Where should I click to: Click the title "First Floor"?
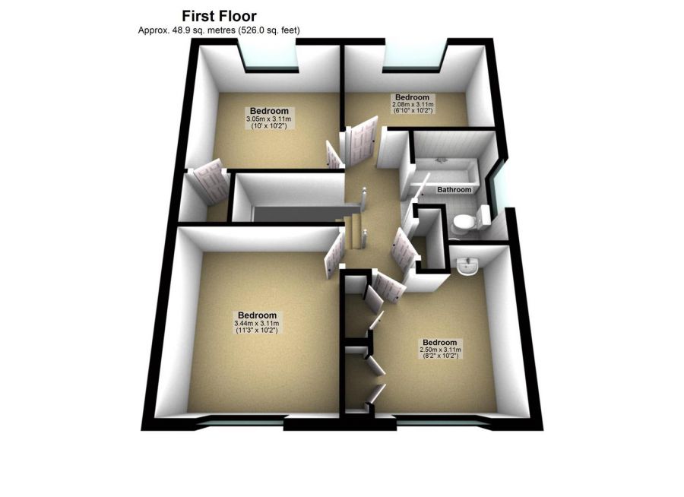pyautogui.click(x=219, y=15)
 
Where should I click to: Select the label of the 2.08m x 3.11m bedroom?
pyautogui.click(x=412, y=103)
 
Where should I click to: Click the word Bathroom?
pyautogui.click(x=454, y=189)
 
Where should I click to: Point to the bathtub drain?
pyautogui.click(x=441, y=160)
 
